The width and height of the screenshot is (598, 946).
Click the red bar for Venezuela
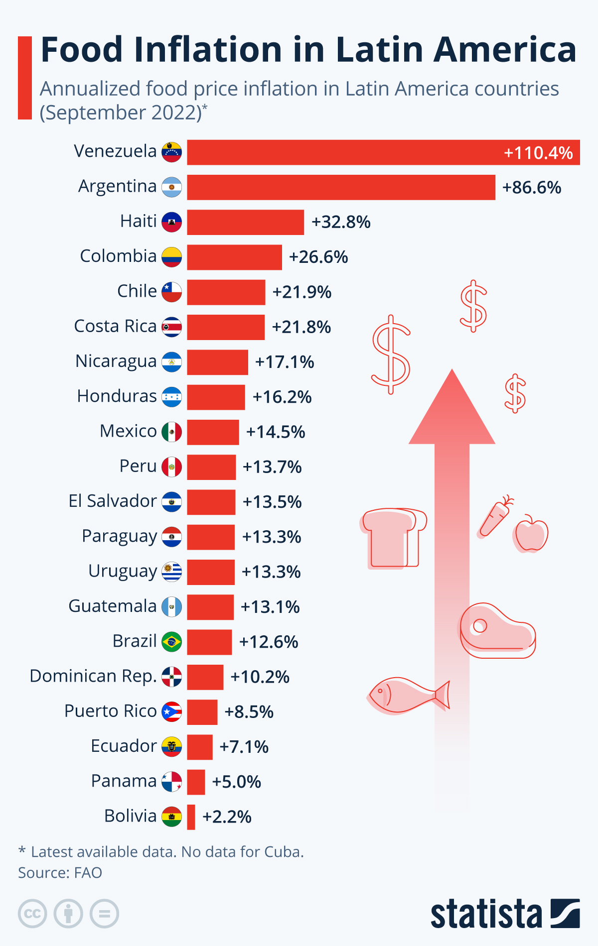pos(383,152)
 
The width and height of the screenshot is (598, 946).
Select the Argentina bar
pos(341,187)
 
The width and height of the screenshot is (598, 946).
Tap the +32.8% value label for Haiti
pos(341,222)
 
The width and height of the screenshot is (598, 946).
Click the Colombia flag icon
pos(171,257)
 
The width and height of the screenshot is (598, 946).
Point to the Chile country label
pos(137,291)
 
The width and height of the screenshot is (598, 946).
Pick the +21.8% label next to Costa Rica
pos(301,327)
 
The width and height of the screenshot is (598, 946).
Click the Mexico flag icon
pos(171,432)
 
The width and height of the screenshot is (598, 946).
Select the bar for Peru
pos(211,467)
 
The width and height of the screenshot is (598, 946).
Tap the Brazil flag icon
pos(171,642)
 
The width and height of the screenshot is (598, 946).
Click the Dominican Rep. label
pos(93,676)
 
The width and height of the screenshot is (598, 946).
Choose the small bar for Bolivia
pos(191,817)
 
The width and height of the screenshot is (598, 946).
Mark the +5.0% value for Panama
pos(236,782)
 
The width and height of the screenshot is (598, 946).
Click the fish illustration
pos(408,695)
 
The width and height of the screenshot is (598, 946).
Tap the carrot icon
pos(494,518)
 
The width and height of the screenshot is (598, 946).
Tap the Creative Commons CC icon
pos(32,914)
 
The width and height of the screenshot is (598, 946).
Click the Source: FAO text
pos(60,873)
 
